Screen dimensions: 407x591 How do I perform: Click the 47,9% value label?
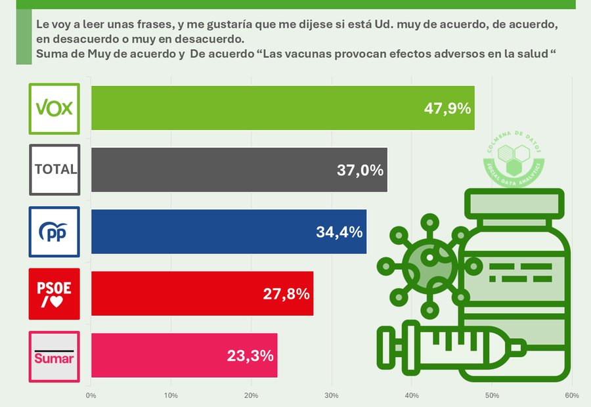point(447,108)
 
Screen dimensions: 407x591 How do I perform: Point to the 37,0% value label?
point(359,170)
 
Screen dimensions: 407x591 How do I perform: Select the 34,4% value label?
point(339,232)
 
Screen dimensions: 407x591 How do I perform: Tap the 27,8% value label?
point(286,293)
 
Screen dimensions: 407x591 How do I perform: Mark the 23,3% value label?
point(250,356)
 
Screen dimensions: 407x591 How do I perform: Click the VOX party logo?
point(55,108)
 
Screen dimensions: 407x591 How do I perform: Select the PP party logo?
point(55,232)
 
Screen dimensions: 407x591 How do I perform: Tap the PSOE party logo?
point(55,293)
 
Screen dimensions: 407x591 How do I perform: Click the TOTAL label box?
point(55,169)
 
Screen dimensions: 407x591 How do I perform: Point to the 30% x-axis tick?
point(332,395)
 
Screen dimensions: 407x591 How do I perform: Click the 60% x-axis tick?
point(571,395)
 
